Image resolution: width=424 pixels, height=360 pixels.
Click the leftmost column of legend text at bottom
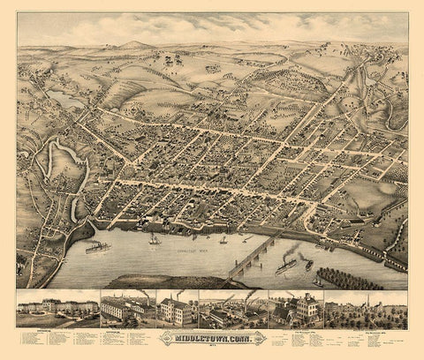(x=35, y=340)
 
